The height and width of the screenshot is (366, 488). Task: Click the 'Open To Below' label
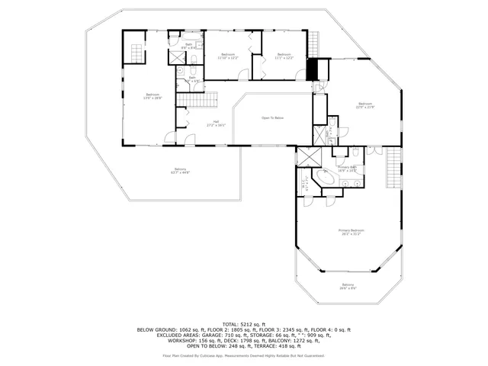click(x=272, y=118)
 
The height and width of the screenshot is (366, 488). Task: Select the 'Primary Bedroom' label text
click(x=352, y=232)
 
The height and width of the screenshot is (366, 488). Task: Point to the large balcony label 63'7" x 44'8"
click(x=181, y=171)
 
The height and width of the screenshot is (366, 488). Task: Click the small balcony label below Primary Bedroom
click(x=347, y=287)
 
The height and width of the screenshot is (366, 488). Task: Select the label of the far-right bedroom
click(x=365, y=105)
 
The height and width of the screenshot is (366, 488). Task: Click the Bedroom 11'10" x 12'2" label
click(x=228, y=56)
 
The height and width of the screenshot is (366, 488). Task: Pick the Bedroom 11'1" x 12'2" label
click(x=284, y=56)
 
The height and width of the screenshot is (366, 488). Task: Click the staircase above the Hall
click(x=197, y=99)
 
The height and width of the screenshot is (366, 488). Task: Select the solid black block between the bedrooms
click(x=311, y=69)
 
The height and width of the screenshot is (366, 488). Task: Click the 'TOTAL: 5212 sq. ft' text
click(x=243, y=323)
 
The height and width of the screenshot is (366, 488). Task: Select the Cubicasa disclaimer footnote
click(x=243, y=355)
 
